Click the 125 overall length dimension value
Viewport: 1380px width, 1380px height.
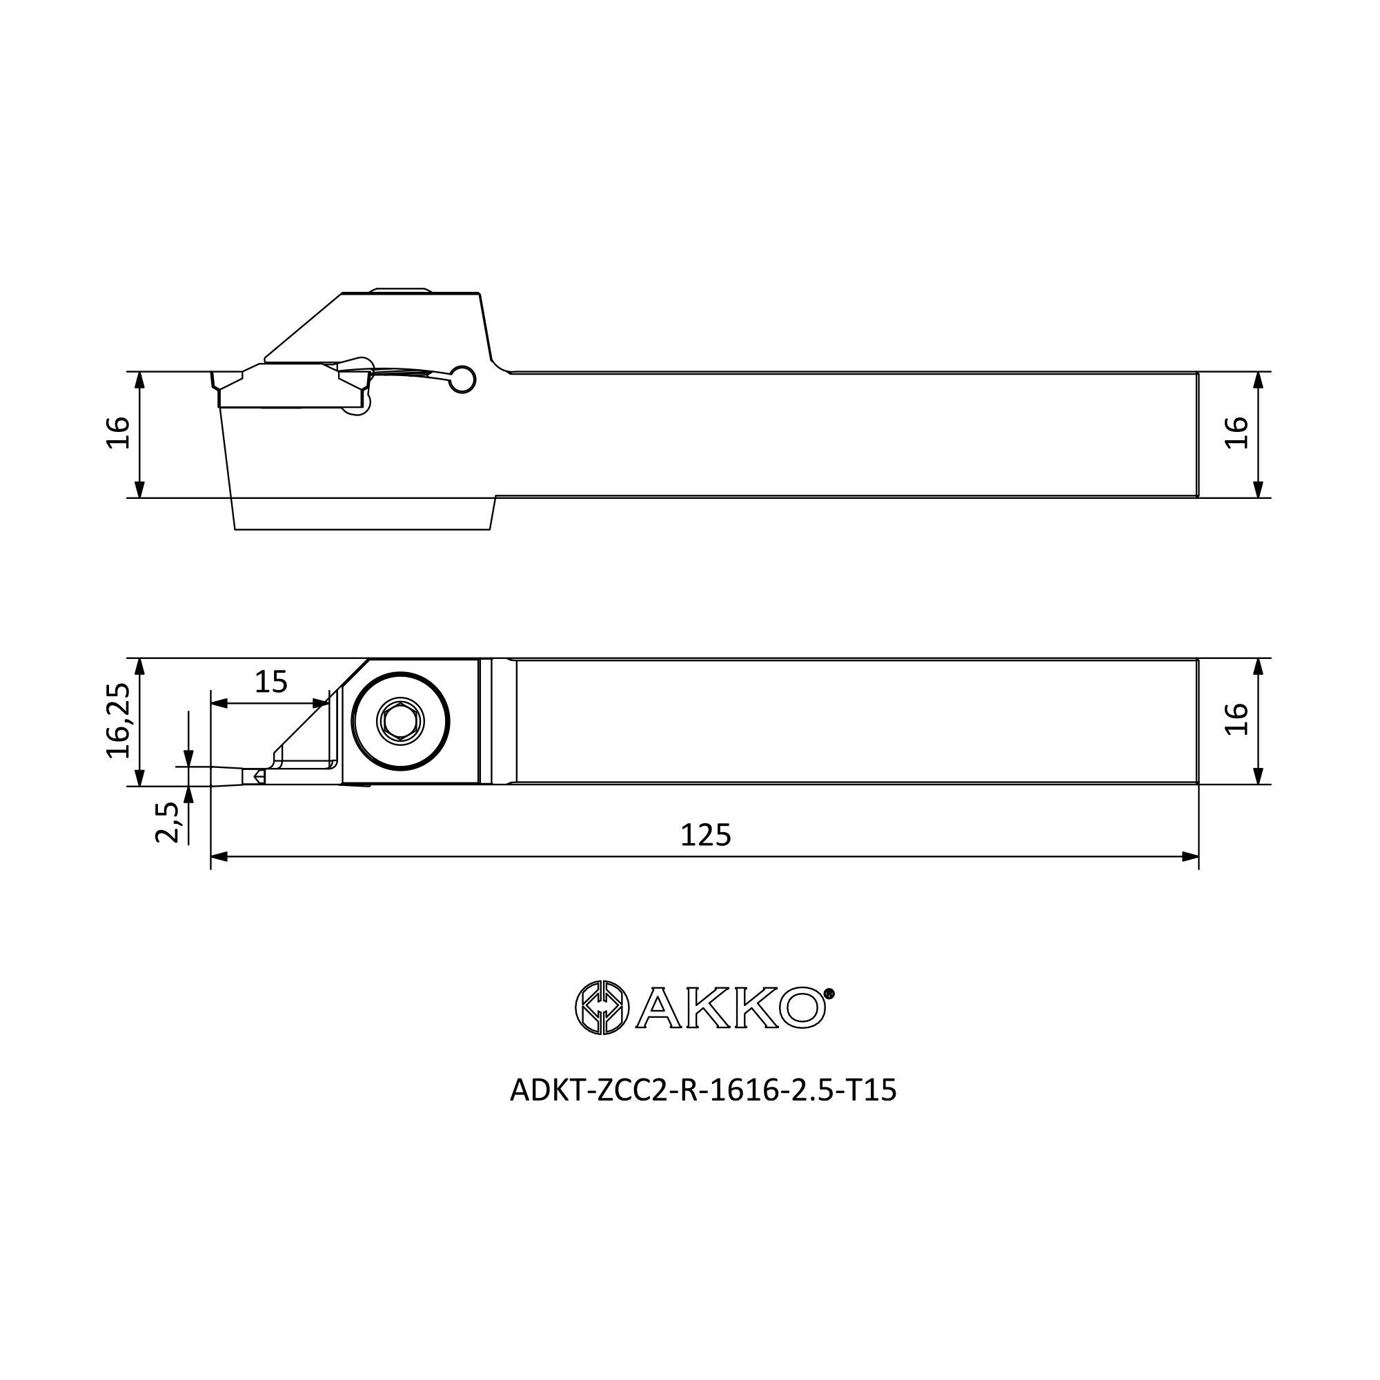[x=705, y=835]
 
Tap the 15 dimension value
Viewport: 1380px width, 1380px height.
[x=270, y=682]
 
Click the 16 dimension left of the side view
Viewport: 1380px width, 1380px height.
[x=119, y=433]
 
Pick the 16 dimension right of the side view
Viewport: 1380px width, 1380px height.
[x=1236, y=433]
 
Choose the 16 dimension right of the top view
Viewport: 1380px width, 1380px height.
[x=1236, y=719]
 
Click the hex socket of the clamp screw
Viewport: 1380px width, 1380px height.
[x=400, y=722]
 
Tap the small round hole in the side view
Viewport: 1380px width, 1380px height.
[x=462, y=380]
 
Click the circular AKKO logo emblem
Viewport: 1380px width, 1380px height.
[x=602, y=1007]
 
